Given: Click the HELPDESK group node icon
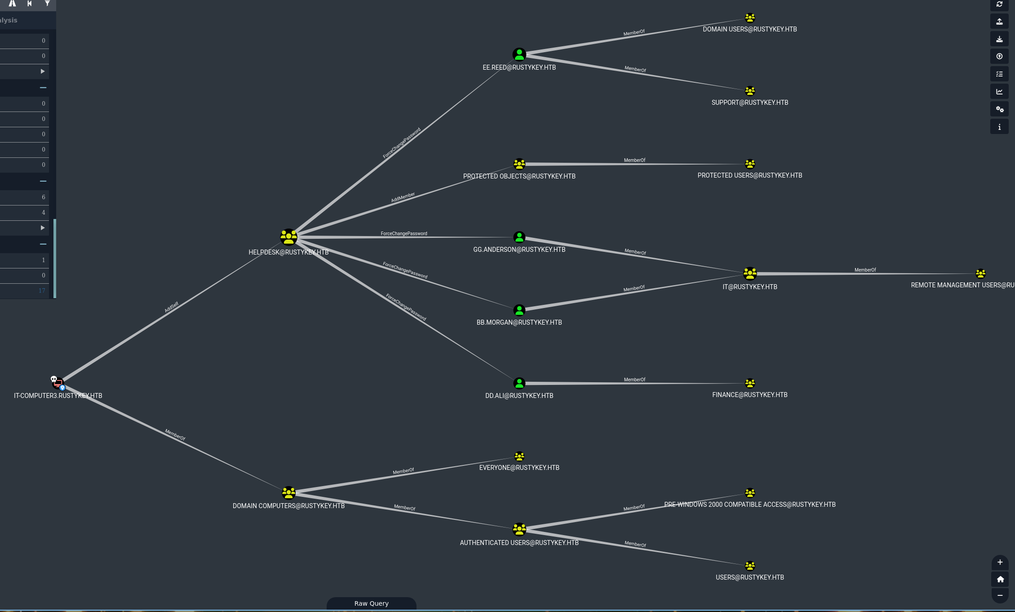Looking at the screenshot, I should (288, 237).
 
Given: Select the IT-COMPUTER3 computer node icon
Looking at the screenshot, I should (58, 383).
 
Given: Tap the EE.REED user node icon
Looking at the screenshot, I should (519, 55).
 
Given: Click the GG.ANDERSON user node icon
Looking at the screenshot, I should (519, 237).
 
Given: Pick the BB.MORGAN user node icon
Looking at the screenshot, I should (519, 310).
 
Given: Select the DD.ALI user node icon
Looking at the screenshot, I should (519, 383).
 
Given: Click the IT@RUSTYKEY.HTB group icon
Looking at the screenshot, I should (749, 273).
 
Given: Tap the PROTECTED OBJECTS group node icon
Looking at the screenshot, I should (519, 164).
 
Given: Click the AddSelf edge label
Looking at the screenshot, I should (171, 307).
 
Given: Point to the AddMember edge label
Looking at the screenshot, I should (403, 197).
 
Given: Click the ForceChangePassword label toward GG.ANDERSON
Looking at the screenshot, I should (403, 233).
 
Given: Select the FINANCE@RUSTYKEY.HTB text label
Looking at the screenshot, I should (749, 395).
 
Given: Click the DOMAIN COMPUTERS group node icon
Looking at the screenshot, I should (288, 493).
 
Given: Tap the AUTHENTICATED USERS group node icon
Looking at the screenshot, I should (519, 529).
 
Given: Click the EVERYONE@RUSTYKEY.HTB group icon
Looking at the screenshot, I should (519, 456).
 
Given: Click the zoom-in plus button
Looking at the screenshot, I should (1000, 562).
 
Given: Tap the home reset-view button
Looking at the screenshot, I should (1000, 579).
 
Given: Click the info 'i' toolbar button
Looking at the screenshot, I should (999, 127).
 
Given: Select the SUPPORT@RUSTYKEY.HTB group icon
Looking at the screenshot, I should (749, 91).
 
